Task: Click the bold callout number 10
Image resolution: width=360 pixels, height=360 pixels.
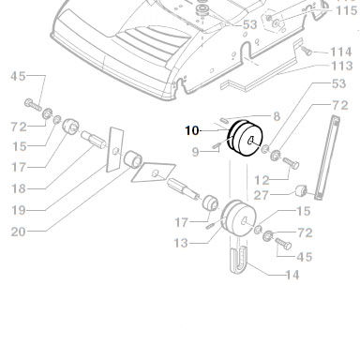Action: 192,130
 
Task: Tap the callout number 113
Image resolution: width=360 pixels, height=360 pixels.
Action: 341,66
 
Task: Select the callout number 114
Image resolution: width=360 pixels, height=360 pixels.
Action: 341,52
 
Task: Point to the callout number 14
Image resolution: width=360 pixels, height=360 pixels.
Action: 292,275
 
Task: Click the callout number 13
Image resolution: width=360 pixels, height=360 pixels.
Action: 181,243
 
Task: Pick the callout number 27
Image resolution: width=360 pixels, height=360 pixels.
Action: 262,195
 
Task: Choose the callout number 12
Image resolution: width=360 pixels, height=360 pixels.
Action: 262,180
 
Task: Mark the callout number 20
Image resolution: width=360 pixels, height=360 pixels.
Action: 18,232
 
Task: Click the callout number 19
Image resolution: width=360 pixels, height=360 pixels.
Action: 18,210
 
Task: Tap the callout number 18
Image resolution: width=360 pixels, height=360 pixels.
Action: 18,188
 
